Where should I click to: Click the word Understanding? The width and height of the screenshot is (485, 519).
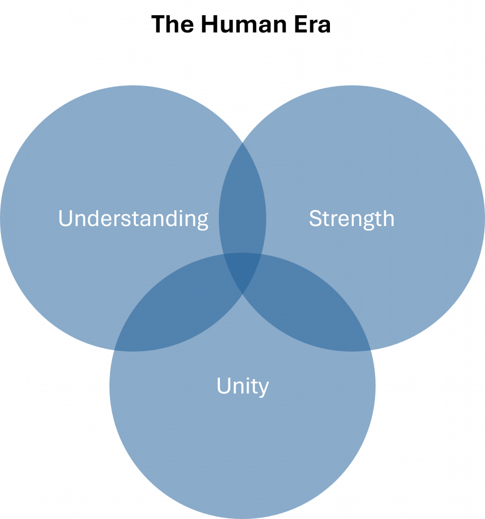tap(133, 218)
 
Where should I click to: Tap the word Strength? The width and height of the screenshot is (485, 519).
tap(351, 218)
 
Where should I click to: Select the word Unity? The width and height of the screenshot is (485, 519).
tap(242, 386)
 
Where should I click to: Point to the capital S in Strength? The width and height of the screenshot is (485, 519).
tap(315, 218)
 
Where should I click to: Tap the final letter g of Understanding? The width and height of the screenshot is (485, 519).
tap(202, 221)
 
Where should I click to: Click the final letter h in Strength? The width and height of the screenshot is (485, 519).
tap(389, 218)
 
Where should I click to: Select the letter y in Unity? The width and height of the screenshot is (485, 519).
tap(263, 389)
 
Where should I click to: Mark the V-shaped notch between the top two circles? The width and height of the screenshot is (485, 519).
tap(242, 140)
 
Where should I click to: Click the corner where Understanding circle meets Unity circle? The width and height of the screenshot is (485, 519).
tap(113, 350)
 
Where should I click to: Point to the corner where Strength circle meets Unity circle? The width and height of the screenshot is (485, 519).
tap(372, 350)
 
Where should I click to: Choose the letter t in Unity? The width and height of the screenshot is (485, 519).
tap(253, 386)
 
